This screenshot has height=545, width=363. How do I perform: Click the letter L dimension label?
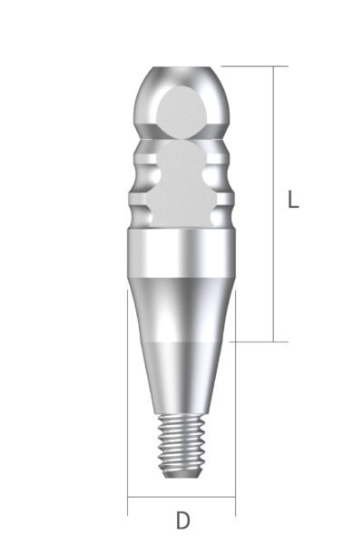pos(292,200)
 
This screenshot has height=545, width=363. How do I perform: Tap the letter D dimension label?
pos(182,521)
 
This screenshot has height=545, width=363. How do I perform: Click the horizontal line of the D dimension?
pos(181,498)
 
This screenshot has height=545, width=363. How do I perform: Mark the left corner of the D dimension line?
pos(128,498)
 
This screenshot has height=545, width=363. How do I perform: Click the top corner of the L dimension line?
pos(273,66)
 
